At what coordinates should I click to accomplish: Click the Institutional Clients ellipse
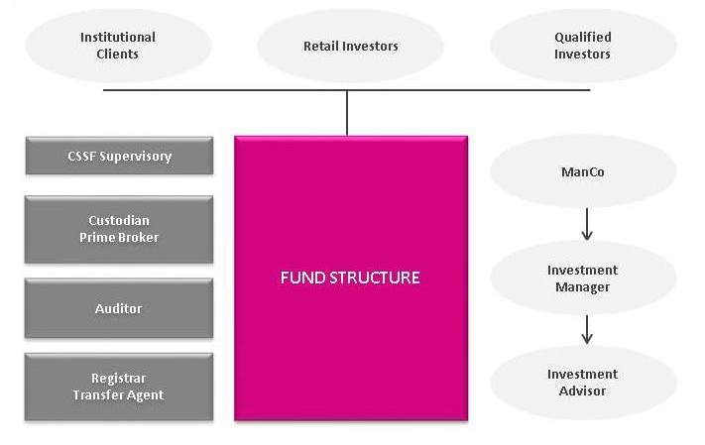[x=118, y=46]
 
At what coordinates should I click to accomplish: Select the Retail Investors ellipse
[x=350, y=46]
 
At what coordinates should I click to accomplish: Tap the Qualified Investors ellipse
[x=583, y=46]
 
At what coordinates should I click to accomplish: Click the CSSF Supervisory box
[x=119, y=156]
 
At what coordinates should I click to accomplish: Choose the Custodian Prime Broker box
[x=119, y=229]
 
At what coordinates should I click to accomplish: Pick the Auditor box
[x=119, y=308]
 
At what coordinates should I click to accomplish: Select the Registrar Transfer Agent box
[x=119, y=387]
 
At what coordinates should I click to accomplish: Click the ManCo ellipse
[x=583, y=171]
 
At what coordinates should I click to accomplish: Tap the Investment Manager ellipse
[x=583, y=278]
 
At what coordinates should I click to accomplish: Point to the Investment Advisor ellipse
[x=583, y=383]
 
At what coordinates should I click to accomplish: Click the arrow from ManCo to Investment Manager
[x=587, y=224]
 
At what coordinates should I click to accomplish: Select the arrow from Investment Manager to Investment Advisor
[x=587, y=329]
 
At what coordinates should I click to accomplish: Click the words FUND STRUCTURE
[x=350, y=278]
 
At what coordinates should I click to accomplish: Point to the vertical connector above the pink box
[x=347, y=112]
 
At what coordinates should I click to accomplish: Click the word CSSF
[x=82, y=156]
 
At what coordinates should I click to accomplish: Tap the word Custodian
[x=119, y=220]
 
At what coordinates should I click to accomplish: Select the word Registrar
[x=119, y=379]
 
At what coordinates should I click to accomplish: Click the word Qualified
[x=583, y=38]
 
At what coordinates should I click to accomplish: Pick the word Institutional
[x=118, y=38]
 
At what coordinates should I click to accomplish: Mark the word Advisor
[x=582, y=390]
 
